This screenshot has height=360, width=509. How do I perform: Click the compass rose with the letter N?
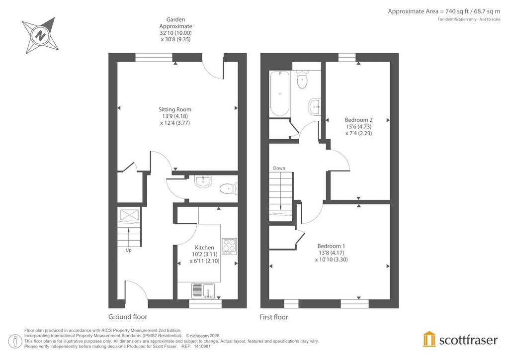tap(41, 35)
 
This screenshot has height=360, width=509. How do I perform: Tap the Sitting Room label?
tap(175, 109)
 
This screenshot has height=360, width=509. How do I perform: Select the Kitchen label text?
tap(204, 247)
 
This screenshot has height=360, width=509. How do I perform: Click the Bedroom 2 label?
tap(358, 120)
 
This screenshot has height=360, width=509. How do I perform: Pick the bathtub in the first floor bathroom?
tap(280, 93)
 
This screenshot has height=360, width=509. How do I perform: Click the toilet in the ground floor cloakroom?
tap(229, 188)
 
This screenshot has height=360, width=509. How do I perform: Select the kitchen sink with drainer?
tap(203, 290)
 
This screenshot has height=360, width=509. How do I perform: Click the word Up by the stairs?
tap(129, 250)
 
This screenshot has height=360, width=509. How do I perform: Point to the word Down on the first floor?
tap(279, 168)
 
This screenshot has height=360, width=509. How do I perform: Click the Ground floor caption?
tap(128, 317)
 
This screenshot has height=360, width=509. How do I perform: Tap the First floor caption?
tap(274, 317)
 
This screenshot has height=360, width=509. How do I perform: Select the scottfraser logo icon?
tap(429, 339)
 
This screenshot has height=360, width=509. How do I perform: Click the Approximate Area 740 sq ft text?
tap(444, 11)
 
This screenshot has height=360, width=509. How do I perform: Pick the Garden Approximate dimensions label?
tap(175, 29)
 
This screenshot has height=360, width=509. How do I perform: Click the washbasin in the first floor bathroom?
tap(314, 106)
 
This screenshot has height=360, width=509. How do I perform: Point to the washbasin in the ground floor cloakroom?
tap(203, 181)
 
